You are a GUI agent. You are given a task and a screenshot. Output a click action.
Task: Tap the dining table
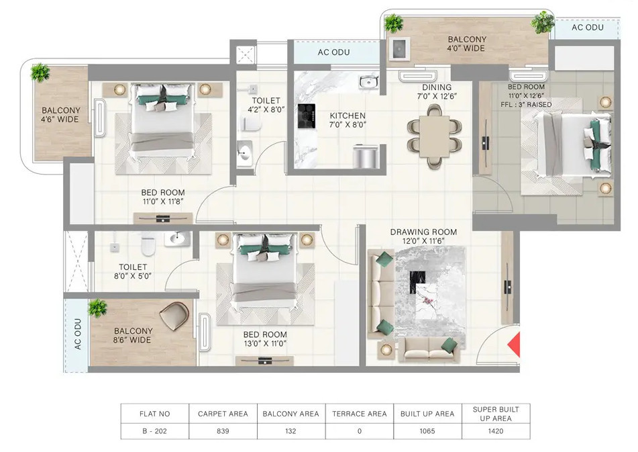click(x=434, y=136)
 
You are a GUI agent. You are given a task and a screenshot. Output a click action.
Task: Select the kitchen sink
click(x=368, y=82)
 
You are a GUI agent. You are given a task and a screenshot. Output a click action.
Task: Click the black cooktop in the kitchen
click(x=307, y=116)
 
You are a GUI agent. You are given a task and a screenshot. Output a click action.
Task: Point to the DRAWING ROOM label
click(x=423, y=232)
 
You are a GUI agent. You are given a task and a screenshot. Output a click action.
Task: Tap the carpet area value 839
click(x=223, y=431)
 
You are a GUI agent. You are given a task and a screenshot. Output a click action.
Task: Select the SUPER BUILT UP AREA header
click(x=496, y=414)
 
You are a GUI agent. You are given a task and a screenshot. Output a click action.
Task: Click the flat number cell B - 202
click(x=154, y=431)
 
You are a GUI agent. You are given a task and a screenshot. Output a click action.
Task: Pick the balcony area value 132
click(x=290, y=431)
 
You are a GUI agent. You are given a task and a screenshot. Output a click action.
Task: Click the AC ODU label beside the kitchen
click(x=333, y=52)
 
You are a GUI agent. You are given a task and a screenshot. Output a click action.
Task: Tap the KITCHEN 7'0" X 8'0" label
click(x=348, y=120)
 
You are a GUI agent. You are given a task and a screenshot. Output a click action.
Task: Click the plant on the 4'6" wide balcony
click(x=40, y=73)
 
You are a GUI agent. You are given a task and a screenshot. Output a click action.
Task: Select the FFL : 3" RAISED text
click(x=526, y=105)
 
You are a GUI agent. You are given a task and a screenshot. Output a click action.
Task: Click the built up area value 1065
click(x=427, y=431)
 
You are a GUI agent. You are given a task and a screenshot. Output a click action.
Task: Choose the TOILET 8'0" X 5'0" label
click(x=133, y=271)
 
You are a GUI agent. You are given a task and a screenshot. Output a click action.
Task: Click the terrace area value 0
click(x=360, y=431)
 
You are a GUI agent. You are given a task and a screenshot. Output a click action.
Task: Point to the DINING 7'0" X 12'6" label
click(x=437, y=91)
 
